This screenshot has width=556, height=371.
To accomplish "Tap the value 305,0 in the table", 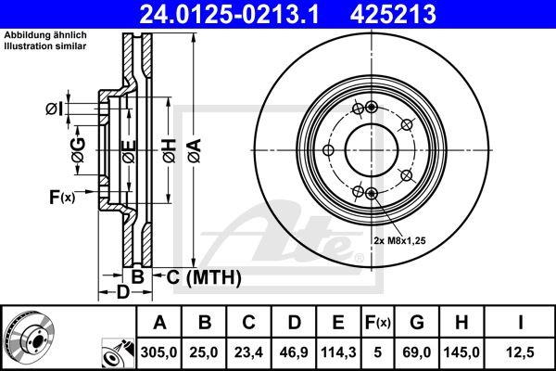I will pos(159,353).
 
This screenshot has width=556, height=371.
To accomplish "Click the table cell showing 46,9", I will pos(293,353).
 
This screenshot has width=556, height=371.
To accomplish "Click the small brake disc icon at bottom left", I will pos(27,338).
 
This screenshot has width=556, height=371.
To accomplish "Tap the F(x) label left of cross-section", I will pos(62,196).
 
